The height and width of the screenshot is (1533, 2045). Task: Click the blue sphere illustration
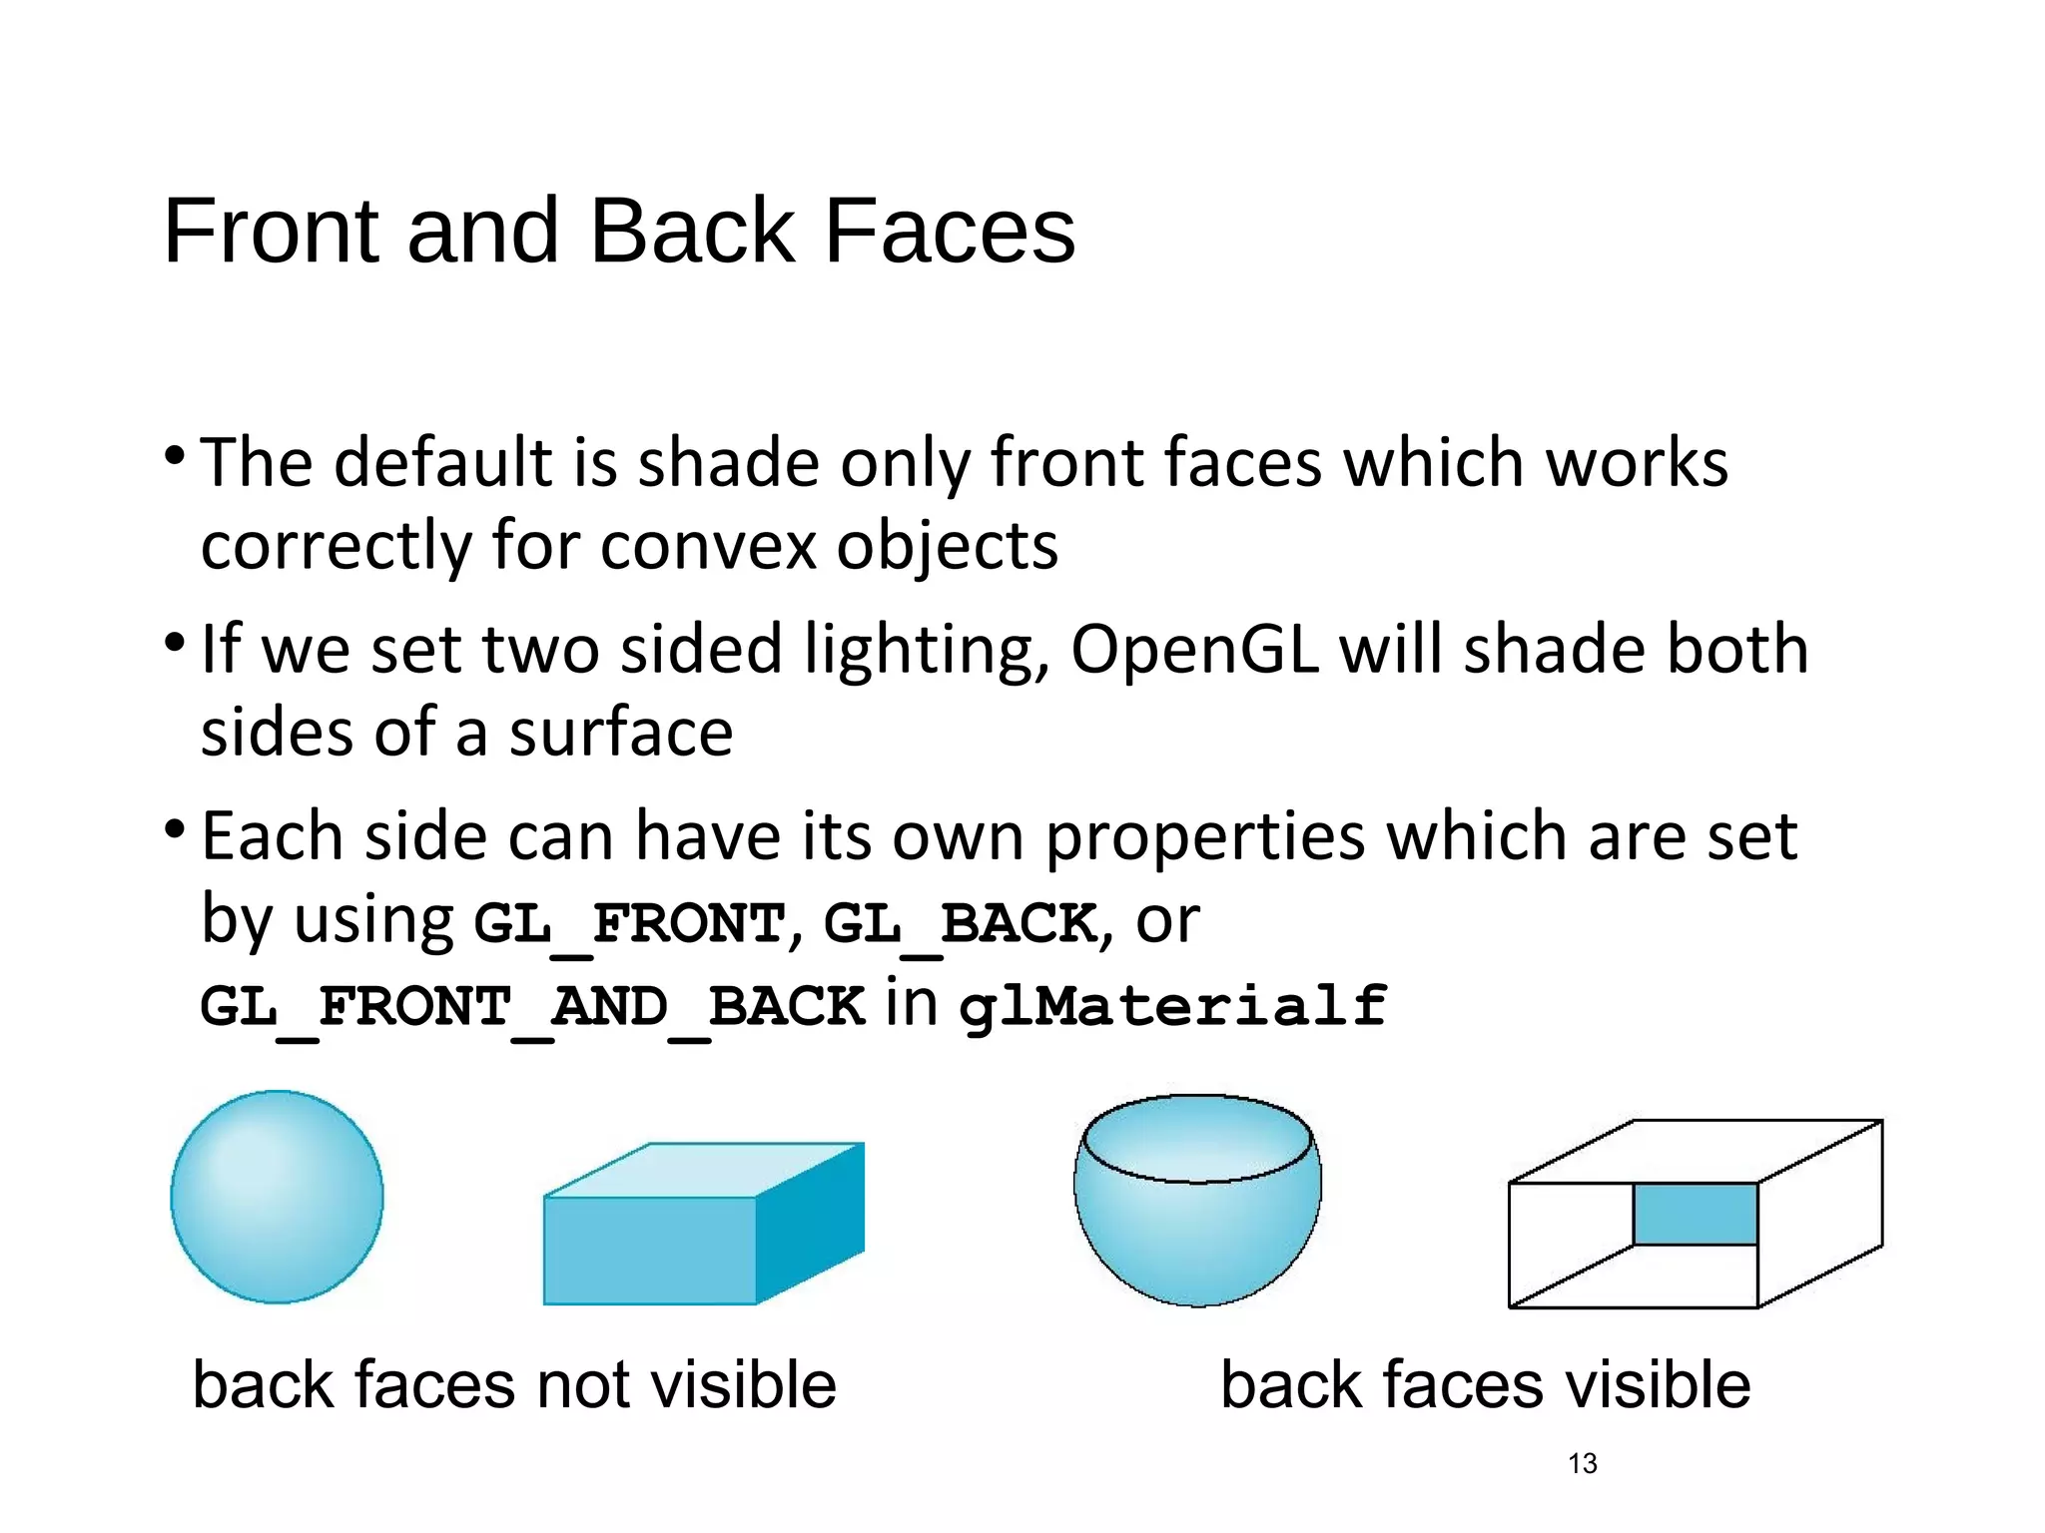[x=277, y=1197]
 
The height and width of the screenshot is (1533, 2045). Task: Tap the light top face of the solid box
[x=704, y=1170]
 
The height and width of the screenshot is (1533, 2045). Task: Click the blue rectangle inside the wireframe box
[x=1695, y=1214]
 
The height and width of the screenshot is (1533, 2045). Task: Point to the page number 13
[x=1582, y=1463]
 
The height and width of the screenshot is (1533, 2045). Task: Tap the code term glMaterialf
[x=1172, y=1005]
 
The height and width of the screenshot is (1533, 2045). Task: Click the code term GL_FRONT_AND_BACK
[x=532, y=1005]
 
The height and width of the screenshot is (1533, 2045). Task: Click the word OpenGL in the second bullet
[x=1194, y=650]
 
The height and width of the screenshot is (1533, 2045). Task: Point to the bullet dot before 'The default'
[x=175, y=458]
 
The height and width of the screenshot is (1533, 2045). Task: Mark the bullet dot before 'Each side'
[x=175, y=829]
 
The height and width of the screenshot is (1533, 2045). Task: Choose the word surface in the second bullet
[x=621, y=734]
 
